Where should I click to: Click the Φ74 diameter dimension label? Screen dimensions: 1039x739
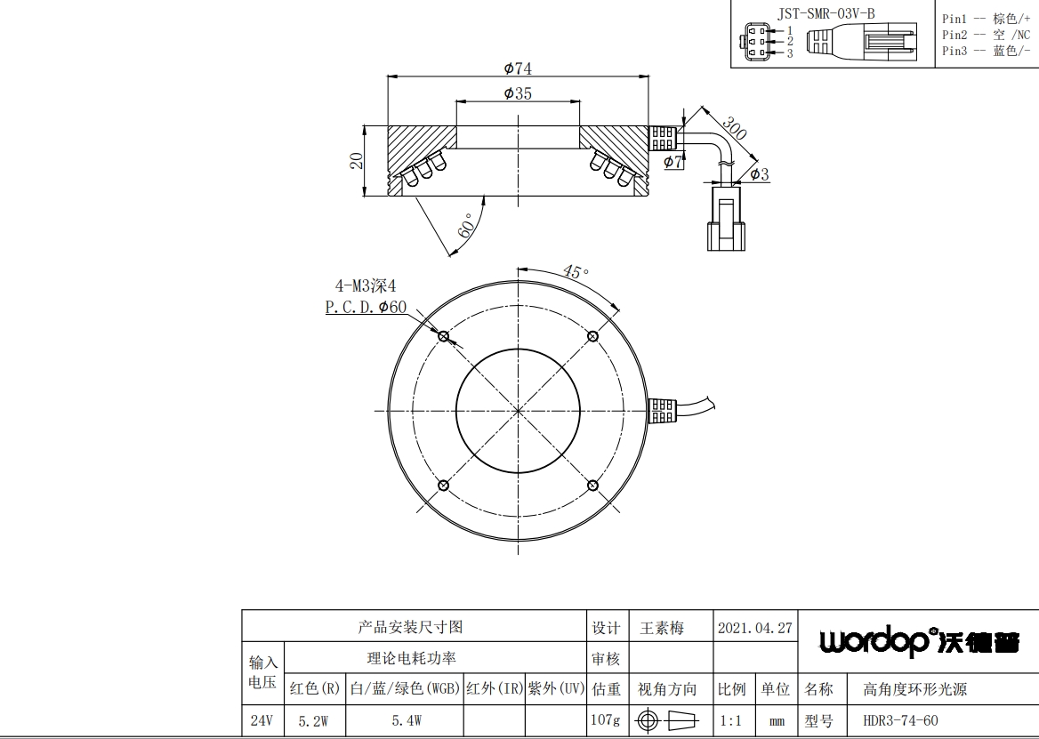point(518,68)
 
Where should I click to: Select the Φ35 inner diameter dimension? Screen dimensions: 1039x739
point(518,93)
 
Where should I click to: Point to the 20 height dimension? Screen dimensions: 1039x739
point(357,161)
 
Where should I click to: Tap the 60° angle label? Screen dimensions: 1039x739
point(466,226)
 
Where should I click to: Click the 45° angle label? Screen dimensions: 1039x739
point(576,271)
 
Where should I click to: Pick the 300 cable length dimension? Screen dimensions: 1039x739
point(734,128)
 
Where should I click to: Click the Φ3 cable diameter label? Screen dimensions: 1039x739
point(760,174)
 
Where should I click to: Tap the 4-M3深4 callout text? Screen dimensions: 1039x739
point(365,286)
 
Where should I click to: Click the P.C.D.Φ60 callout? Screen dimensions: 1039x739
point(366,308)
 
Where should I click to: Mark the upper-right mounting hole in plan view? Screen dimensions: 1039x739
point(593,336)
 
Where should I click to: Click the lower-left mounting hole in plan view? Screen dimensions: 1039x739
point(444,486)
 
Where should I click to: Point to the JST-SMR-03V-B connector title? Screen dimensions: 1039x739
point(826,13)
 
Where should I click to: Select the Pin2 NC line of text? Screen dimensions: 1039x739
point(986,35)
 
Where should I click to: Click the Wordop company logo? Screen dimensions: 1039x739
point(919,641)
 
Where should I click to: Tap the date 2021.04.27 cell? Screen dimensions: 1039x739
point(754,628)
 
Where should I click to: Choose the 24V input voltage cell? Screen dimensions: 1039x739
point(262,720)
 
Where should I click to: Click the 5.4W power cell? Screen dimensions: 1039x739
point(407,720)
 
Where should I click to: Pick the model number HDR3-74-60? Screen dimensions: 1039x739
point(900,720)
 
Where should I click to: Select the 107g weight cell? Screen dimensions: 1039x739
point(606,719)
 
